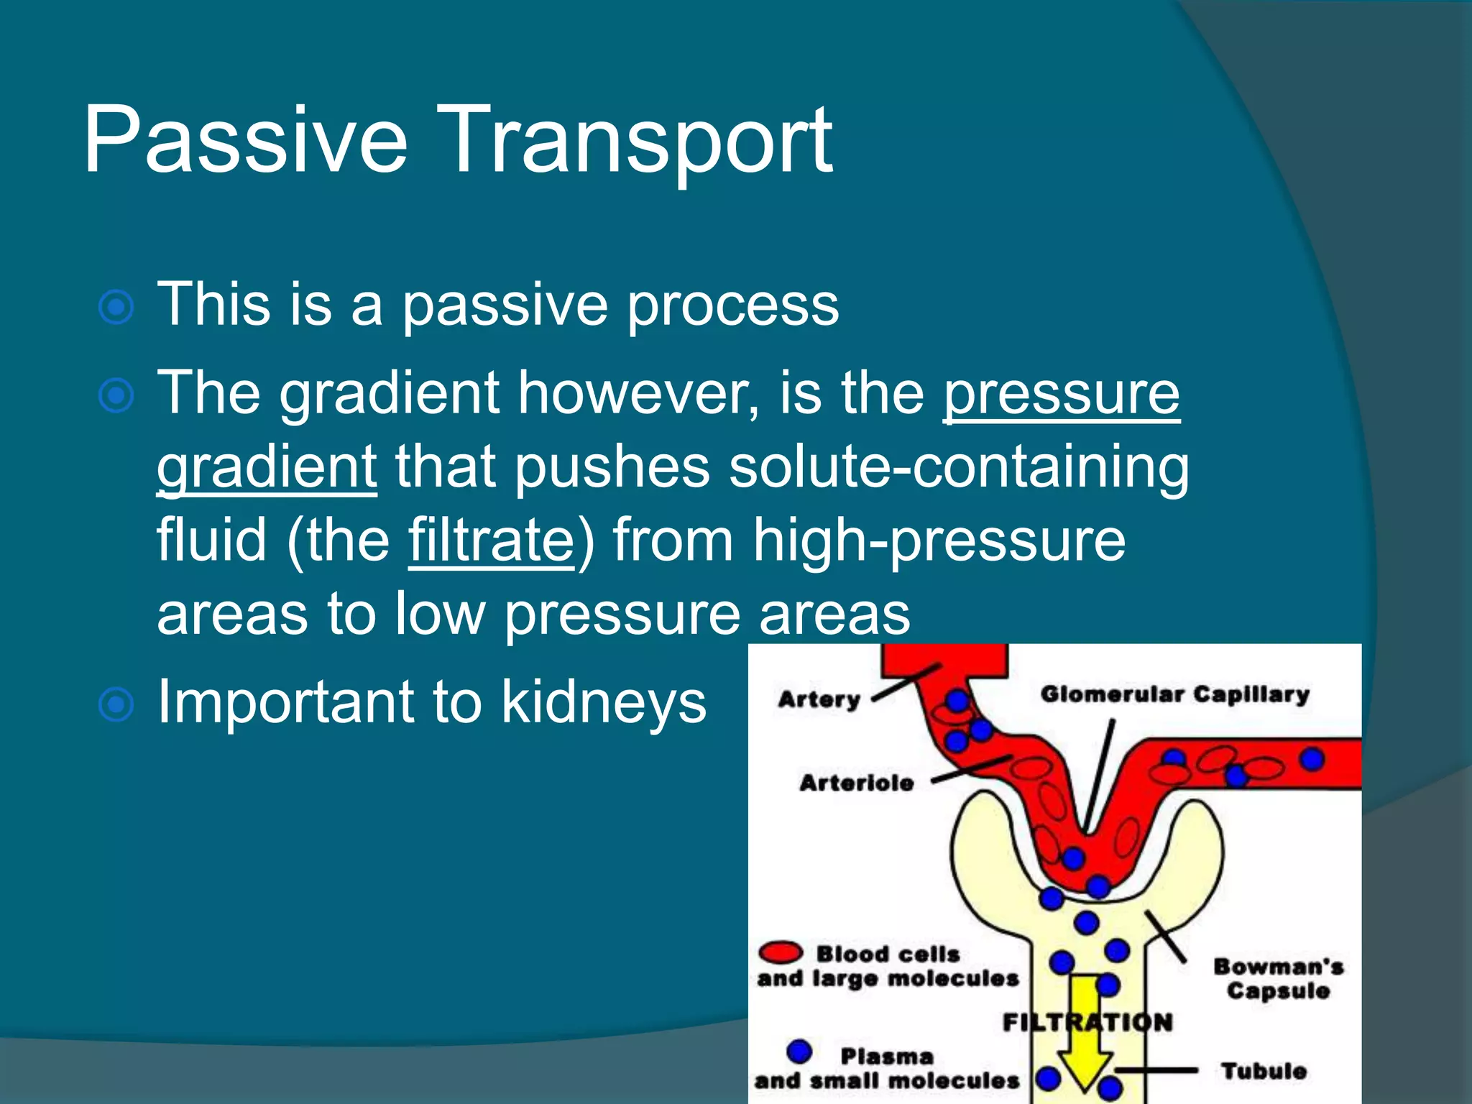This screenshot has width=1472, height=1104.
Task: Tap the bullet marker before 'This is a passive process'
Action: pyautogui.click(x=116, y=308)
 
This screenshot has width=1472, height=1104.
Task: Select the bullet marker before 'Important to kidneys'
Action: pyautogui.click(x=116, y=704)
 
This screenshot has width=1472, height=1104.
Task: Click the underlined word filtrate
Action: pyautogui.click(x=492, y=540)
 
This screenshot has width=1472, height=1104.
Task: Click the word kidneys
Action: pyautogui.click(x=604, y=702)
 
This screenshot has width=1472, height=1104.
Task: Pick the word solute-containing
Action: pyautogui.click(x=959, y=467)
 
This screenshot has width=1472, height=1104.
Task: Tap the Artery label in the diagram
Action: pyautogui.click(x=819, y=699)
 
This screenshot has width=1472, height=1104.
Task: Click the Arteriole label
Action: pyautogui.click(x=856, y=783)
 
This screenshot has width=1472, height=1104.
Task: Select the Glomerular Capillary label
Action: pyautogui.click(x=1174, y=695)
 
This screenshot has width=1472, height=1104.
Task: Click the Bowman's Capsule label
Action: pyautogui.click(x=1278, y=979)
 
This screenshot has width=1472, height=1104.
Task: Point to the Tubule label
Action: pyautogui.click(x=1264, y=1071)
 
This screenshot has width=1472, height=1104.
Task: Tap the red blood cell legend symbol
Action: pyautogui.click(x=780, y=953)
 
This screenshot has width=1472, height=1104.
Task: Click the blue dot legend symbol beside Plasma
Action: pyautogui.click(x=799, y=1052)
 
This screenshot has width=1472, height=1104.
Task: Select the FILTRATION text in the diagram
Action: pyautogui.click(x=1087, y=1022)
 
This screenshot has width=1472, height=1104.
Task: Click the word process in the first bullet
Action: pyautogui.click(x=732, y=305)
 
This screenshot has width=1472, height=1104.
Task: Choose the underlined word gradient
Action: pyautogui.click(x=267, y=467)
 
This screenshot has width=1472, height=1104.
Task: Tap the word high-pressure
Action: pyautogui.click(x=939, y=540)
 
